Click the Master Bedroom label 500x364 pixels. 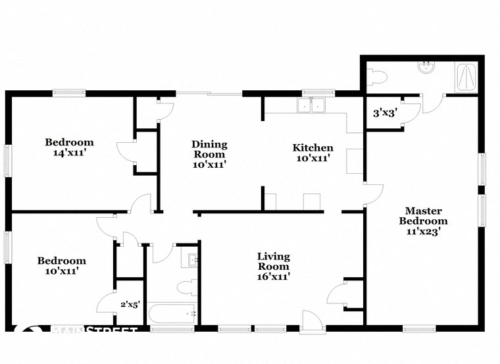[424, 221]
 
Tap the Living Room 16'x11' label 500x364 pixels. [273, 267]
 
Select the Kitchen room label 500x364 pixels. [312, 153]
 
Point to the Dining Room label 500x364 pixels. [209, 154]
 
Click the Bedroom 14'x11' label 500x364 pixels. [69, 147]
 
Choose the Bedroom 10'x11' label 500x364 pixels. [61, 265]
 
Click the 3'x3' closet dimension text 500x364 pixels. [384, 113]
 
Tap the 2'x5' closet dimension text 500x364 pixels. [130, 304]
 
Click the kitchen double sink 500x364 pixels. [312, 105]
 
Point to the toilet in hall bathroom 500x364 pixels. [187, 287]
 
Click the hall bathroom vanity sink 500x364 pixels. [192, 260]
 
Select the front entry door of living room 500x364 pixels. [311, 321]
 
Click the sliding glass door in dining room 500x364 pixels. [209, 93]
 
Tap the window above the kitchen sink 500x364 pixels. [314, 93]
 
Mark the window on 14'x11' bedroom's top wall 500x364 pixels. [69, 93]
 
